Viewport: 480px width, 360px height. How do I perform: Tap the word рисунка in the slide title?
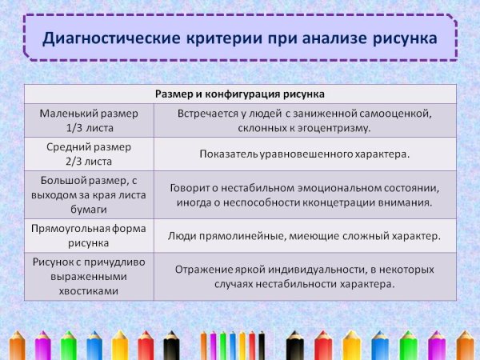point(402,38)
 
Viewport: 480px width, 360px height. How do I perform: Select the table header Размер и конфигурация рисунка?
point(239,94)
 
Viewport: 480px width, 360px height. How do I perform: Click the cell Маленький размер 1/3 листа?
point(90,120)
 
